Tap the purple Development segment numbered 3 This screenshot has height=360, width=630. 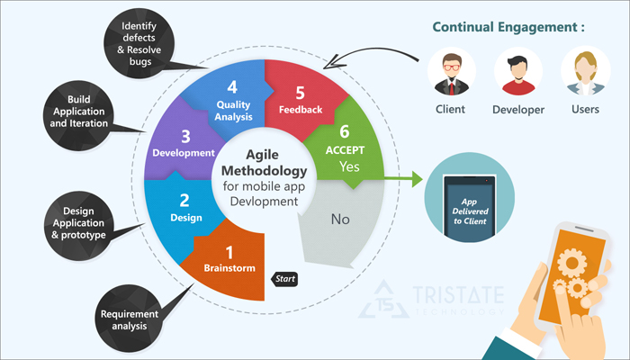[184, 144]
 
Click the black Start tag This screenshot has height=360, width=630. [284, 279]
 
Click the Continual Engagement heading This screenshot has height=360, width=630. [508, 27]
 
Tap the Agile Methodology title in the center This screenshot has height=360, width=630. [264, 163]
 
